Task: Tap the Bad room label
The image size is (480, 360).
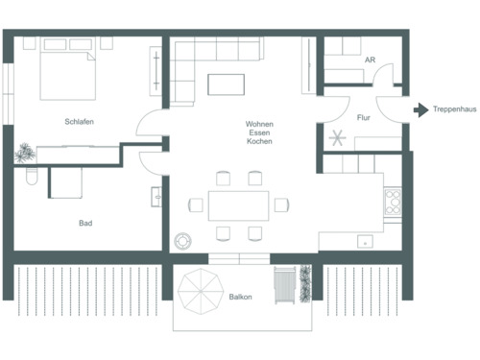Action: pos(85,223)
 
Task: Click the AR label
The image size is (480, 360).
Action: pos(370,60)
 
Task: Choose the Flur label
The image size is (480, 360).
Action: pos(364,118)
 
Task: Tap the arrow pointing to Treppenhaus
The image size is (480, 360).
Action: pos(420,110)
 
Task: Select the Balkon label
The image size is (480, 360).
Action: pos(241,298)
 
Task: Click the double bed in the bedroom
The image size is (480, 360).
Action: pos(67,75)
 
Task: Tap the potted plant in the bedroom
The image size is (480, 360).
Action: pos(24,151)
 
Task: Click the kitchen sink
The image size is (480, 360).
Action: pos(365,240)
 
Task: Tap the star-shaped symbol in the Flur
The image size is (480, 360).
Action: pos(336,136)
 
